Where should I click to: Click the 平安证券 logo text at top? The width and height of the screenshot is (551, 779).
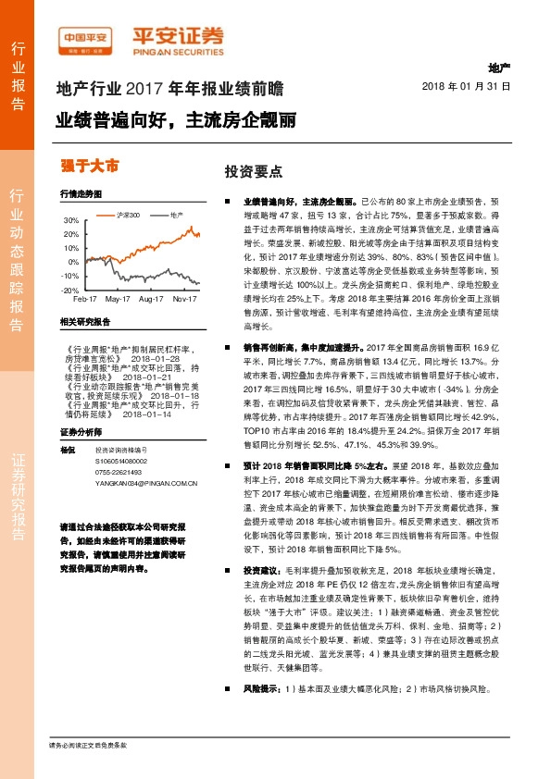click(x=182, y=35)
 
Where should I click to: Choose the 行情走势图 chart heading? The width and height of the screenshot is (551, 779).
click(x=80, y=196)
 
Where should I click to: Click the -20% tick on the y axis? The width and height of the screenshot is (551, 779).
click(x=70, y=290)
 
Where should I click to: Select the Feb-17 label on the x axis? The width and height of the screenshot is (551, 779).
click(x=85, y=300)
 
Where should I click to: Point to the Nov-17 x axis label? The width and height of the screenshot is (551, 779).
click(x=187, y=300)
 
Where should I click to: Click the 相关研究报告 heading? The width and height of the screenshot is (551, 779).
click(x=84, y=321)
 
